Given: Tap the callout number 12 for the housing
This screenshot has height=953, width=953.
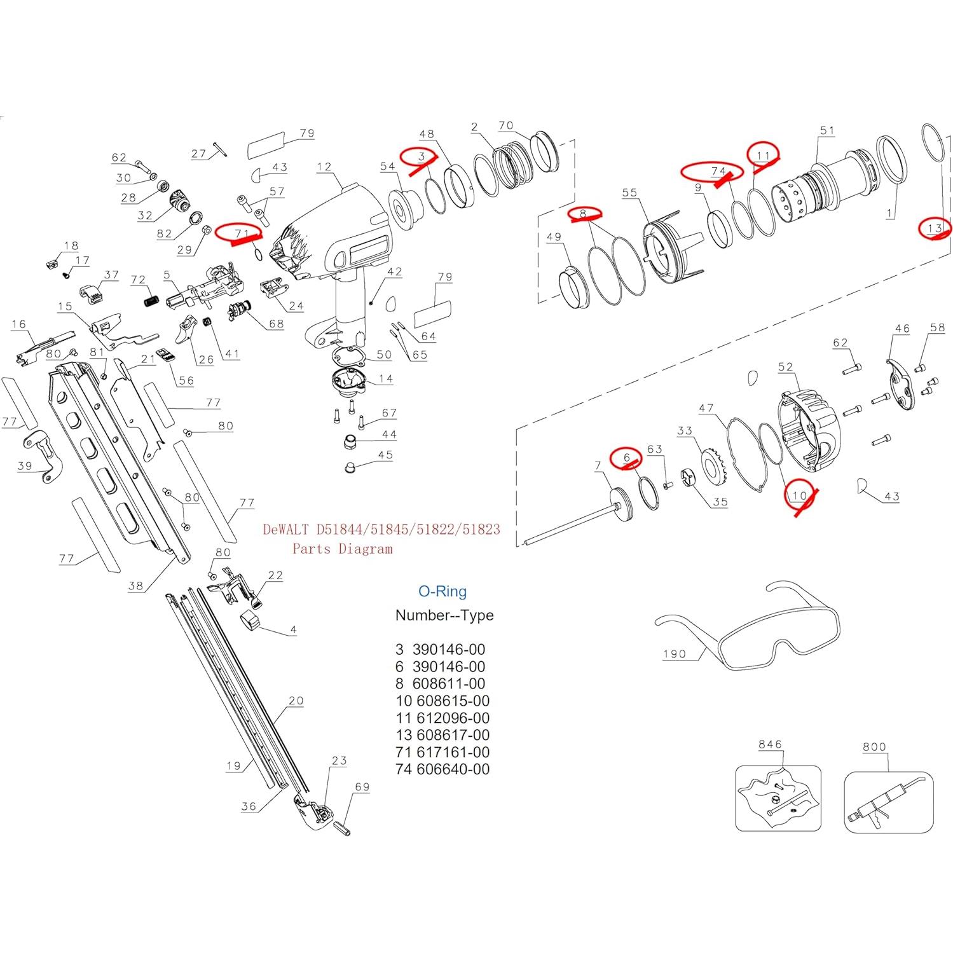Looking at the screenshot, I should [x=324, y=167].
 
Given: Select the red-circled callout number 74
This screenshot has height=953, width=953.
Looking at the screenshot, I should [x=718, y=171].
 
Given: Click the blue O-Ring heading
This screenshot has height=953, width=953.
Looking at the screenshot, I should [x=442, y=591].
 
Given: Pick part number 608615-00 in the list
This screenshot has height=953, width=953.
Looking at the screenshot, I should [x=451, y=701].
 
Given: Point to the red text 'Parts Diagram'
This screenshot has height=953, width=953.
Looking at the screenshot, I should [x=342, y=549].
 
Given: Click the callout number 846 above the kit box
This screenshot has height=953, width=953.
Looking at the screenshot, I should [x=770, y=744].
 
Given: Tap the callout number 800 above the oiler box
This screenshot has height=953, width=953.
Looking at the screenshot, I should [x=874, y=747].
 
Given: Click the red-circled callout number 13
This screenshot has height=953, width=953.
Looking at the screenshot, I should [x=935, y=228].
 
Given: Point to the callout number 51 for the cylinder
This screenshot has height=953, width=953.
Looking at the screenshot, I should [x=827, y=130].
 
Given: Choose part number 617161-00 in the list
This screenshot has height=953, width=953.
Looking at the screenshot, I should [x=451, y=752].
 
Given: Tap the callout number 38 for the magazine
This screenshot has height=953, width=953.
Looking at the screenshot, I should [x=135, y=586].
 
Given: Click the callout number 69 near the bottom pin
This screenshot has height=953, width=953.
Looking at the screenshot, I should [x=362, y=786].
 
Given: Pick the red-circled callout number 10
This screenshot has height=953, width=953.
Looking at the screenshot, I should [x=800, y=495].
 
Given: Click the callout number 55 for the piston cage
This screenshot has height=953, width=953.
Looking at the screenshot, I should [x=629, y=193].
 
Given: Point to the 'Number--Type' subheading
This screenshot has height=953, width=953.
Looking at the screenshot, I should [x=444, y=615].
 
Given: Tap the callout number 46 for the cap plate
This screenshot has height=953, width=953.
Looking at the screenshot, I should [x=902, y=329].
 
